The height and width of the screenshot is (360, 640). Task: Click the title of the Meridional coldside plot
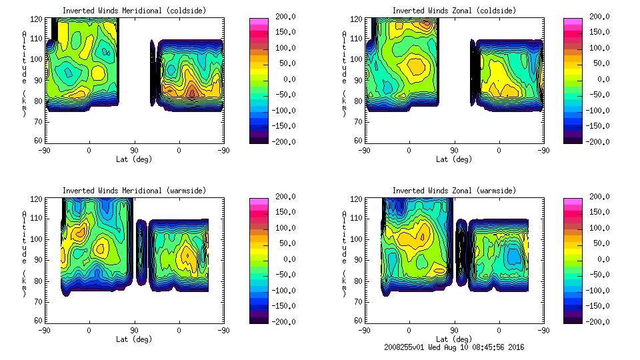(134, 11)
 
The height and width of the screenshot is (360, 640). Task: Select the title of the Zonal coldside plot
(454, 11)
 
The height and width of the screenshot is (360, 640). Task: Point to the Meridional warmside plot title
(134, 191)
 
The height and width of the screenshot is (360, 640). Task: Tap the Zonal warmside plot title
(454, 191)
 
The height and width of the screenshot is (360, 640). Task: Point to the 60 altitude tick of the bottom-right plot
(359, 320)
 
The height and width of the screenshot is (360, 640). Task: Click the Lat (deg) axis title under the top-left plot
(134, 159)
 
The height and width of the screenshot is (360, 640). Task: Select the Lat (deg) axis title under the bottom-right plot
(454, 339)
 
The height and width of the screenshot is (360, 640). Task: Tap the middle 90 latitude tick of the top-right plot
(454, 150)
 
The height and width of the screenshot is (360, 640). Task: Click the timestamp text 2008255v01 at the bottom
(407, 347)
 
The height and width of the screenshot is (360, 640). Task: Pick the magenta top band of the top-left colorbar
(259, 21)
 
